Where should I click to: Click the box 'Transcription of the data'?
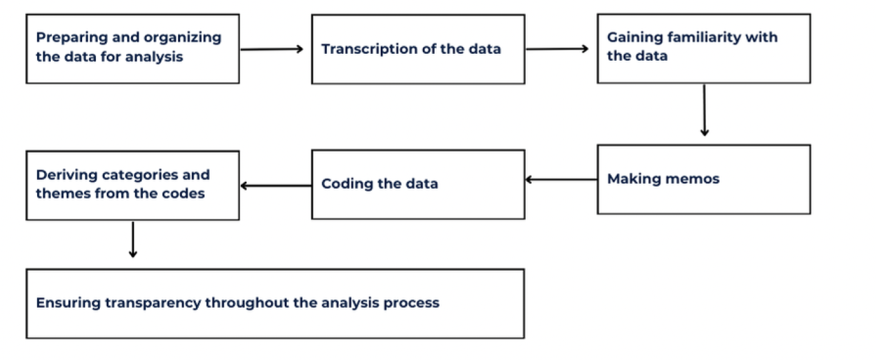point(418,49)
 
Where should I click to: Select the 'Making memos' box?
point(703,179)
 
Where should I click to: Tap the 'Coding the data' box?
point(418,184)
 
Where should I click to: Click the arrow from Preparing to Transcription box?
point(272,48)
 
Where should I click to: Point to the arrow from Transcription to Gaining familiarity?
point(557,48)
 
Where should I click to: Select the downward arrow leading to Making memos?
point(704,110)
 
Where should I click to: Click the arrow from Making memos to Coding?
point(560,180)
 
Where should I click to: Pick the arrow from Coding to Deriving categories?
point(275,185)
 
